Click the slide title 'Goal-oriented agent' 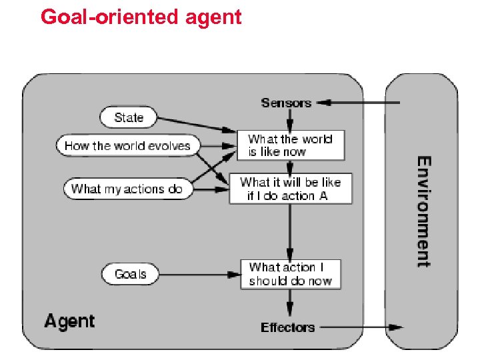coord(141,16)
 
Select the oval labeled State coord(129,118)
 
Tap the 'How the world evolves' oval coord(127,146)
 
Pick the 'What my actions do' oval coord(127,189)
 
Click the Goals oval coord(130,274)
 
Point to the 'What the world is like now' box coord(291,145)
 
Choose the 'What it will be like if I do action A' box coord(290,189)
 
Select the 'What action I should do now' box coord(290,274)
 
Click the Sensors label coord(286,103)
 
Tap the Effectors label coord(287,327)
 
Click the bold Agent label coord(69,321)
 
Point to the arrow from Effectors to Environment coord(360,327)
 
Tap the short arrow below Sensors coord(290,120)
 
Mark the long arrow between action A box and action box coord(290,231)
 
